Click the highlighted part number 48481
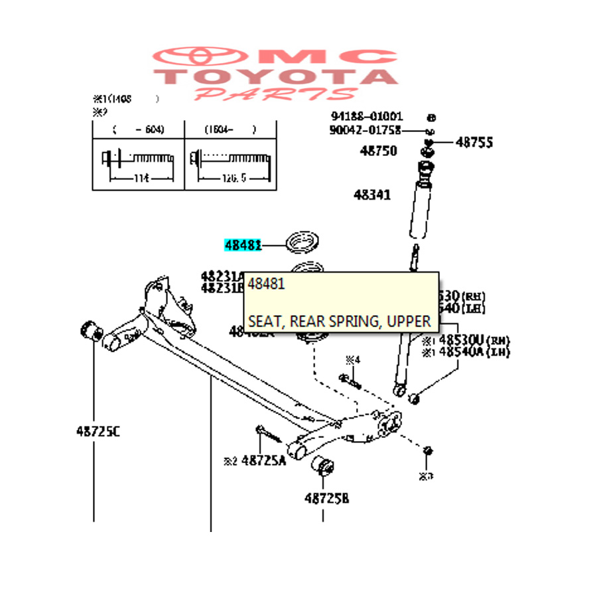tap(243, 245)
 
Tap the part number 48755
tap(474, 142)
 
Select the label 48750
tap(378, 151)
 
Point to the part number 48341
tap(372, 195)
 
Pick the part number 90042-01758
tap(365, 129)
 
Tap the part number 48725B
tap(326, 498)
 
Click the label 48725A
tap(263, 460)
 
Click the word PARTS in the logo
tap(276, 94)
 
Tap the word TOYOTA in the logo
tap(276, 75)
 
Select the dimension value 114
tap(141, 178)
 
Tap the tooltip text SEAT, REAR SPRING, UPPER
tap(340, 322)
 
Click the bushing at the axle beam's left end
tap(90, 328)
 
